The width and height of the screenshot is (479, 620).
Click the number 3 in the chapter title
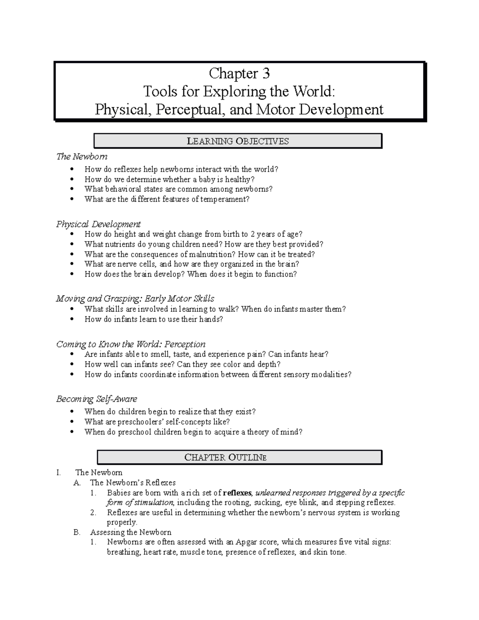tap(265, 73)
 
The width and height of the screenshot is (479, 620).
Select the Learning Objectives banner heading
tap(238, 141)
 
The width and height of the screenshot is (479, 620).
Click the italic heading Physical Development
tap(98, 224)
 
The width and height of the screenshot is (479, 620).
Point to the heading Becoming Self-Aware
tap(97, 399)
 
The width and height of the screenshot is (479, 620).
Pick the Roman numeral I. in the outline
tap(59, 473)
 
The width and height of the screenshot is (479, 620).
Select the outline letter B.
tap(77, 532)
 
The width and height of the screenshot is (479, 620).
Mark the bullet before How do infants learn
tap(72, 319)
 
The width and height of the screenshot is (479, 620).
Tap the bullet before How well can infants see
tap(72, 364)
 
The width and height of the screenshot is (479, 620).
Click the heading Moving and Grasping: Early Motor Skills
tap(135, 299)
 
